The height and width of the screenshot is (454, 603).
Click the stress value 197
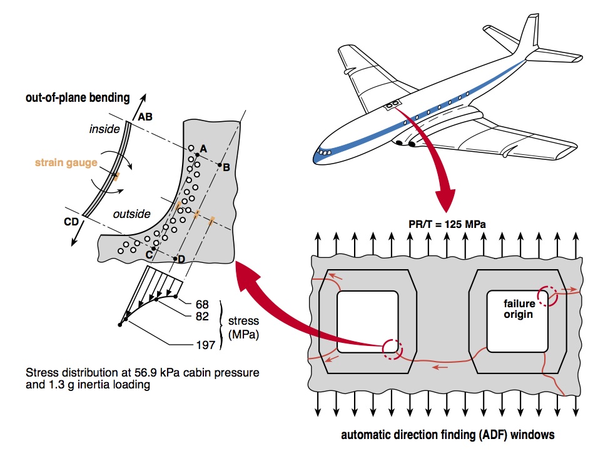click(x=206, y=344)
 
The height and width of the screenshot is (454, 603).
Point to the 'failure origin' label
click(x=519, y=308)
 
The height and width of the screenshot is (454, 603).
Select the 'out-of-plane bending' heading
click(x=78, y=97)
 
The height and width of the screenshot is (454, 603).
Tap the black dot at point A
click(x=197, y=154)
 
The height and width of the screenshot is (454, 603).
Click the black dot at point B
click(x=219, y=164)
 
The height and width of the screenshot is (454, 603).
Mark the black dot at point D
click(x=176, y=258)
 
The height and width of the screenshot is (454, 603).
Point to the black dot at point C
click(x=153, y=248)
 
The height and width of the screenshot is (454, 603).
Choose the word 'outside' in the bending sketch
click(x=131, y=214)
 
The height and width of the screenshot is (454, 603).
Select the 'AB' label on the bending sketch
click(x=145, y=116)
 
